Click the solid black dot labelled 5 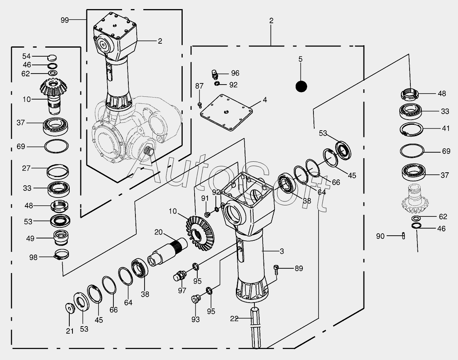tap(301, 86)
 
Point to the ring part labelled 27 tap(58, 172)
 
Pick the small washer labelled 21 tap(70, 308)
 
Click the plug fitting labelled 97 tap(180, 275)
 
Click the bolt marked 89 tap(277, 269)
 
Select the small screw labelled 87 tap(200, 104)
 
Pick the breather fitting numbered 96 tap(215, 74)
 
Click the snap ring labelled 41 tap(412, 130)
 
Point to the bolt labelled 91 tap(207, 214)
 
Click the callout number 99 tap(65, 20)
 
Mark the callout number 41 tap(445, 128)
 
